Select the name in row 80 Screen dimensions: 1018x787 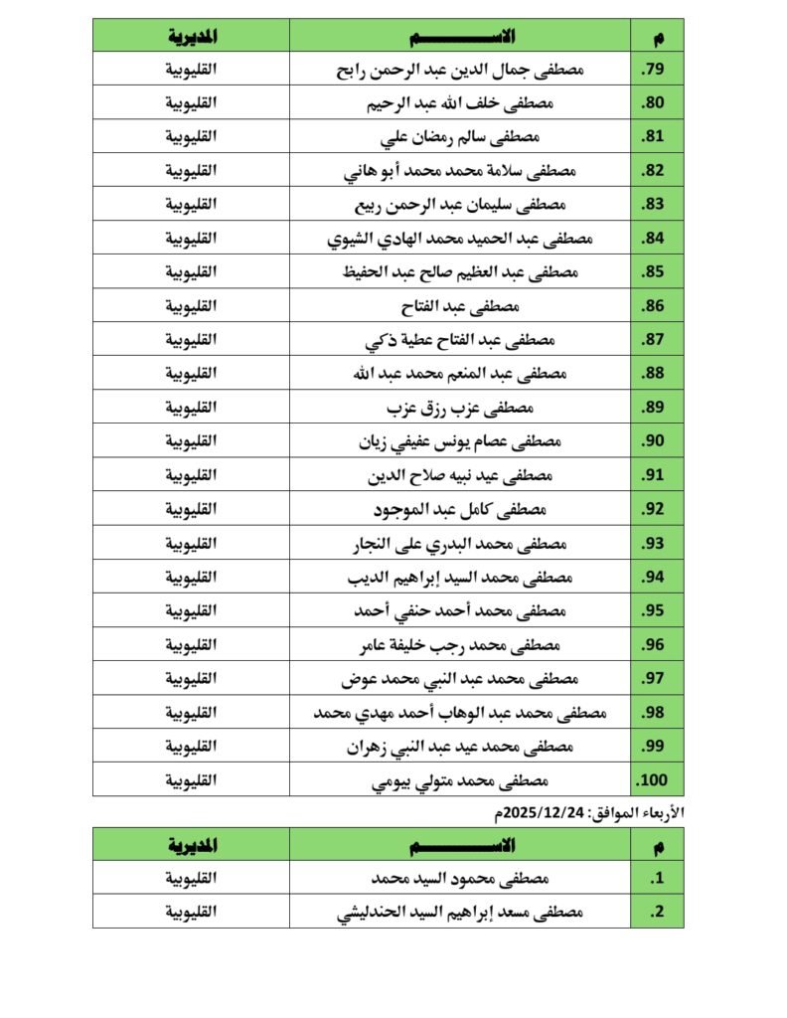pos(460,103)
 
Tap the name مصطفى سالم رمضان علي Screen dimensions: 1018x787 pos(460,137)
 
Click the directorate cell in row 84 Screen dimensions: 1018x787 pos(191,239)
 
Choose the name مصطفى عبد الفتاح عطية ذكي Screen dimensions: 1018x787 pos(460,340)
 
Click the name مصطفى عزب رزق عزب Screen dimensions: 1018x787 pos(460,408)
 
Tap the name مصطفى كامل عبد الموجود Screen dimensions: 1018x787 pos(460,509)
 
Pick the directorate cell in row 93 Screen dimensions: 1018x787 pos(191,543)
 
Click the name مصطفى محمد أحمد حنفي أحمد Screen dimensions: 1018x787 pos(460,610)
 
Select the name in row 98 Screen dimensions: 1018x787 pos(460,712)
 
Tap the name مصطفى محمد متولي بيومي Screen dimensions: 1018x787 pos(460,779)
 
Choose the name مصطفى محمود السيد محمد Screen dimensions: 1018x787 pos(460,879)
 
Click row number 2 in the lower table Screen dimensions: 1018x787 pos(656,912)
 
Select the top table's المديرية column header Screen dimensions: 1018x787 pos(191,36)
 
